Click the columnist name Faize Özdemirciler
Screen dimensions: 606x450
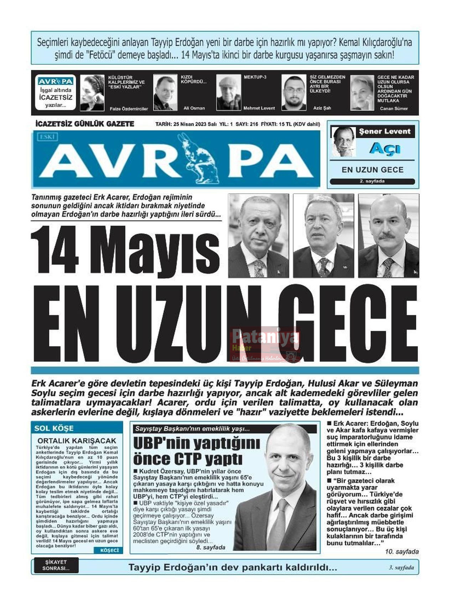point(129,109)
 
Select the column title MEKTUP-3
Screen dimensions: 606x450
point(255,77)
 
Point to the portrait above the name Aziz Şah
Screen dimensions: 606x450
point(294,92)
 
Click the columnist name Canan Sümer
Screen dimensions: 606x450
point(393,108)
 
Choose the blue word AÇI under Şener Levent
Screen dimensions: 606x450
point(384,149)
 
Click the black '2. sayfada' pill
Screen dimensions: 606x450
point(372,181)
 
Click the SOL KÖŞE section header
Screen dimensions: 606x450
point(54,428)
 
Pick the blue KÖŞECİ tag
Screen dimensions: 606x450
point(109,550)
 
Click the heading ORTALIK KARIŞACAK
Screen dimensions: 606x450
point(77,441)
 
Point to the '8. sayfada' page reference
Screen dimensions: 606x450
point(211,547)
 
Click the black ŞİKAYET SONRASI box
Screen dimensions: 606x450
point(56,565)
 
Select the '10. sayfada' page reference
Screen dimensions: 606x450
point(402,551)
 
